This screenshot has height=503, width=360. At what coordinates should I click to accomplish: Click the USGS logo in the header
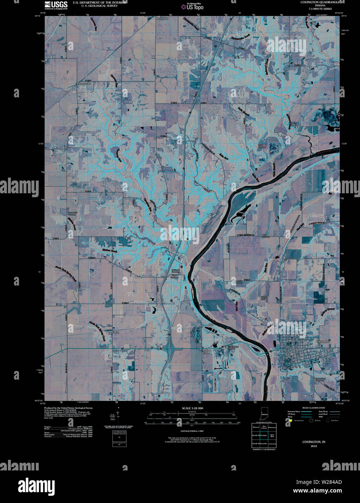pyautogui.click(x=56, y=5)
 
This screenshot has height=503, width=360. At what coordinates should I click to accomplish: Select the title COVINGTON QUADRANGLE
pyautogui.click(x=320, y=2)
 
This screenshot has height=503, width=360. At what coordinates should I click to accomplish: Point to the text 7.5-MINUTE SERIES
pyautogui.click(x=320, y=9)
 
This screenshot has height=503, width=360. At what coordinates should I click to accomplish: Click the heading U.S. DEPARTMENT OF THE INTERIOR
pyautogui.click(x=99, y=2)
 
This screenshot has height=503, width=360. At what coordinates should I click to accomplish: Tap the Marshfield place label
pyautogui.click(x=162, y=18)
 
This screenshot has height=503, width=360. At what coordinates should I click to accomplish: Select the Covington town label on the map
pyautogui.click(x=323, y=341)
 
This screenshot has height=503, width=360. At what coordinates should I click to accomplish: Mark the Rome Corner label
pyautogui.click(x=207, y=352)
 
